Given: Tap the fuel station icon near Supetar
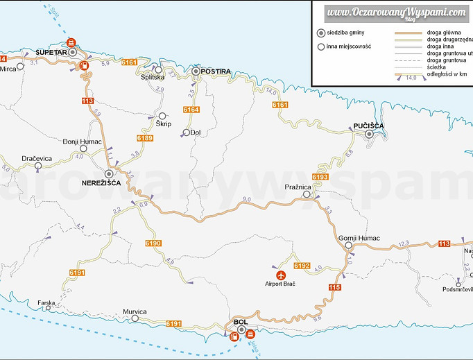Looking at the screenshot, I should pos(84,67).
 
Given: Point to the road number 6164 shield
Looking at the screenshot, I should pos(191,110).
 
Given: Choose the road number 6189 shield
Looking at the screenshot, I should pos(144,138).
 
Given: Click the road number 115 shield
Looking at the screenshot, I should pos(334,286).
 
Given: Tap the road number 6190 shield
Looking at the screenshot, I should pos(153,243).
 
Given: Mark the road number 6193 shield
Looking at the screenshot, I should pos(320,178).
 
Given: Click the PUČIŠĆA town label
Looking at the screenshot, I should pos(368,126).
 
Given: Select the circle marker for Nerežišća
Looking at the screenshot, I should pos(109,174).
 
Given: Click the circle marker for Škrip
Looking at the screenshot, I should pos(162,116).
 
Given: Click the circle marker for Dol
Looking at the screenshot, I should pos(186,132).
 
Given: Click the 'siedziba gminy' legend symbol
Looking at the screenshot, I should pos(320,33).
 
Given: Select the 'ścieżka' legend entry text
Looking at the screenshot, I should pos(439,66).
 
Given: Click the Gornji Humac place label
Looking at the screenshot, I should pos(359,238).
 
